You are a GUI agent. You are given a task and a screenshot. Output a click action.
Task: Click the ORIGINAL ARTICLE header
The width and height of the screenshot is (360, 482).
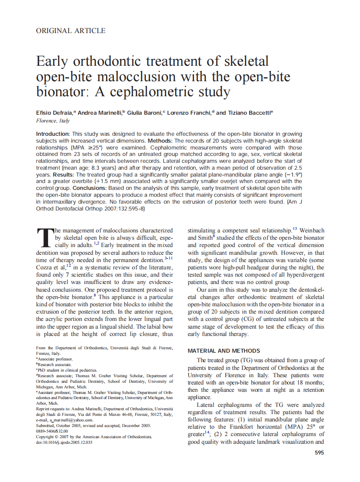click(x=70, y=31)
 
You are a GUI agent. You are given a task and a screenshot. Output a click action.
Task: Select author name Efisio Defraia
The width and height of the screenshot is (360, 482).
click(x=55, y=113)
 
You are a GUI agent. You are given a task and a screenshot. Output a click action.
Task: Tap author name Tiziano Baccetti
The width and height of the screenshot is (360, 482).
click(x=249, y=113)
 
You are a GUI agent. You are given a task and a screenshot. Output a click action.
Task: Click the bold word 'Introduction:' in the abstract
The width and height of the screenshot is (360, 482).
click(x=53, y=134)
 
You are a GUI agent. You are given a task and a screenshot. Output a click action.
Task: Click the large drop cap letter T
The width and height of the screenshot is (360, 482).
click(x=44, y=238)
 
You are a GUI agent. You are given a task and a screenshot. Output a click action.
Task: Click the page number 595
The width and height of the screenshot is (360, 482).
click(x=319, y=453)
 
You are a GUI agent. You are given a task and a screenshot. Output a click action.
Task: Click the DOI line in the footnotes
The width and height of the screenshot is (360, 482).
click(x=64, y=442)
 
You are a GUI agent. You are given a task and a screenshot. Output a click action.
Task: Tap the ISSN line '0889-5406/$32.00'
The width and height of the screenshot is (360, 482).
click(x=52, y=431)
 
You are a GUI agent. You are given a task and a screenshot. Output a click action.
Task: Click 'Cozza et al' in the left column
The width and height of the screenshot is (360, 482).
click(x=51, y=267)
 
